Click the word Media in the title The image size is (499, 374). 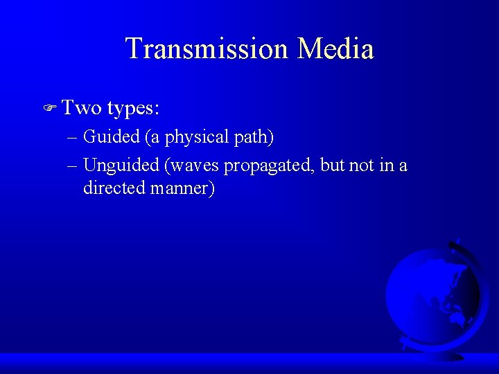point(335,49)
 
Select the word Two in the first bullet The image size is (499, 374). point(81,107)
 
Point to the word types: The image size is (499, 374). point(134,109)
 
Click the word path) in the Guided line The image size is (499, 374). point(254,138)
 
